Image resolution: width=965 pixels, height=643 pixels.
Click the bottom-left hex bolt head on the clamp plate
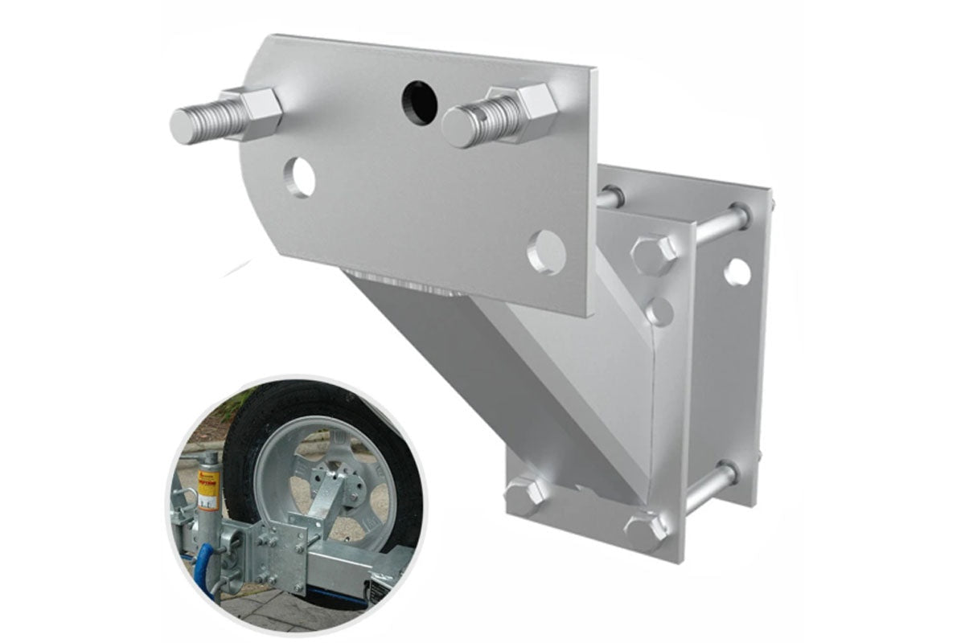(524, 494)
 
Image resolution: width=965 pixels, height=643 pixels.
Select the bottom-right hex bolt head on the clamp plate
(646, 527)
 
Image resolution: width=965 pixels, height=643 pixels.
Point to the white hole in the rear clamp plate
(737, 272)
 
